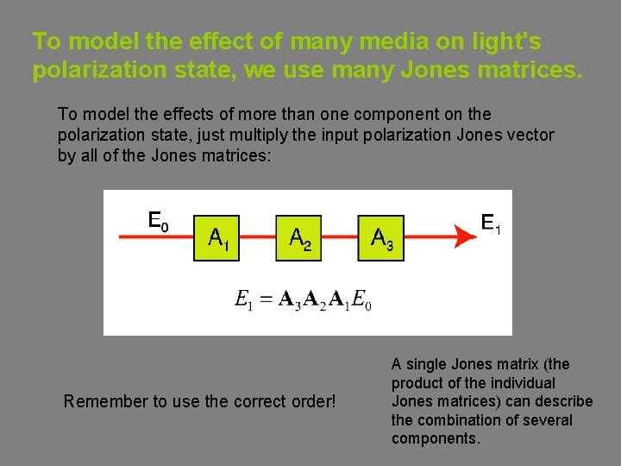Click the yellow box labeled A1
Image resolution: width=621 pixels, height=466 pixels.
(218, 237)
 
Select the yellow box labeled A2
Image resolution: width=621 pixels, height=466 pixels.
(298, 237)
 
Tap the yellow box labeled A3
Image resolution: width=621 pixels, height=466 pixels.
(381, 237)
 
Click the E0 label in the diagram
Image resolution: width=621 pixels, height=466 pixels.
(159, 221)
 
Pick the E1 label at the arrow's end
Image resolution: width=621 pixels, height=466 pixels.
(490, 224)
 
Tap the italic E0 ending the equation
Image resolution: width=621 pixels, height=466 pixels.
(362, 299)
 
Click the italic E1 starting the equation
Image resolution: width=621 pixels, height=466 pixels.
(244, 299)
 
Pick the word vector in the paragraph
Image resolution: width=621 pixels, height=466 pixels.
(530, 135)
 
